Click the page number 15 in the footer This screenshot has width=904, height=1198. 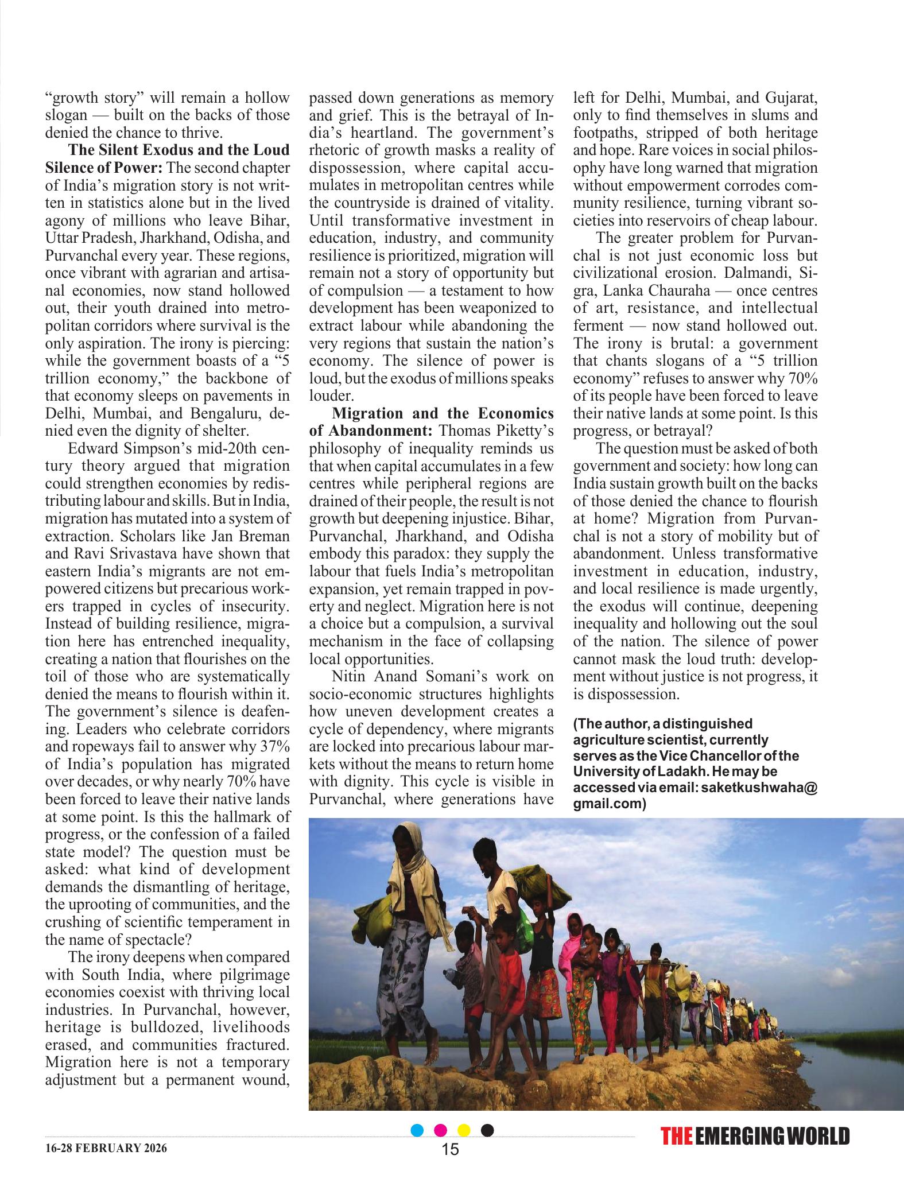pyautogui.click(x=451, y=1149)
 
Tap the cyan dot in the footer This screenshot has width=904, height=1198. pyautogui.click(x=418, y=1130)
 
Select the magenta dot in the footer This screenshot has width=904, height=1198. pyautogui.click(x=441, y=1130)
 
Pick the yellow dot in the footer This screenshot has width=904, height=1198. pyautogui.click(x=464, y=1130)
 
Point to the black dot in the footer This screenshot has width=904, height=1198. pyautogui.click(x=487, y=1130)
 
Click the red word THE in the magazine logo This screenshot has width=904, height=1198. pyautogui.click(x=677, y=1136)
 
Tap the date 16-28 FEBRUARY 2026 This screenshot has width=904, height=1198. pyautogui.click(x=106, y=1149)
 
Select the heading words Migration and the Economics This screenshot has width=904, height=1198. pyautogui.click(x=443, y=413)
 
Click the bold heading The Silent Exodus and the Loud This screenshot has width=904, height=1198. pyautogui.click(x=179, y=150)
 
